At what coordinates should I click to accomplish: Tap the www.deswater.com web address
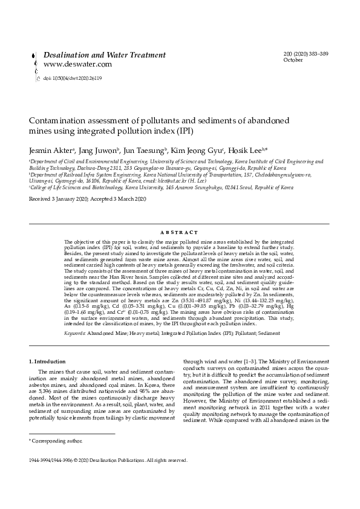[x=77, y=64]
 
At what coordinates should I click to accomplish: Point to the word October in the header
[x=293, y=60]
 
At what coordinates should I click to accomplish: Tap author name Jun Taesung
[x=144, y=149]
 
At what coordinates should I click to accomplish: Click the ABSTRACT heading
[x=180, y=232]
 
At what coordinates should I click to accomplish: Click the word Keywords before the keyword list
[x=75, y=333]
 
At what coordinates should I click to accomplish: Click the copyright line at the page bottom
[x=108, y=460]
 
